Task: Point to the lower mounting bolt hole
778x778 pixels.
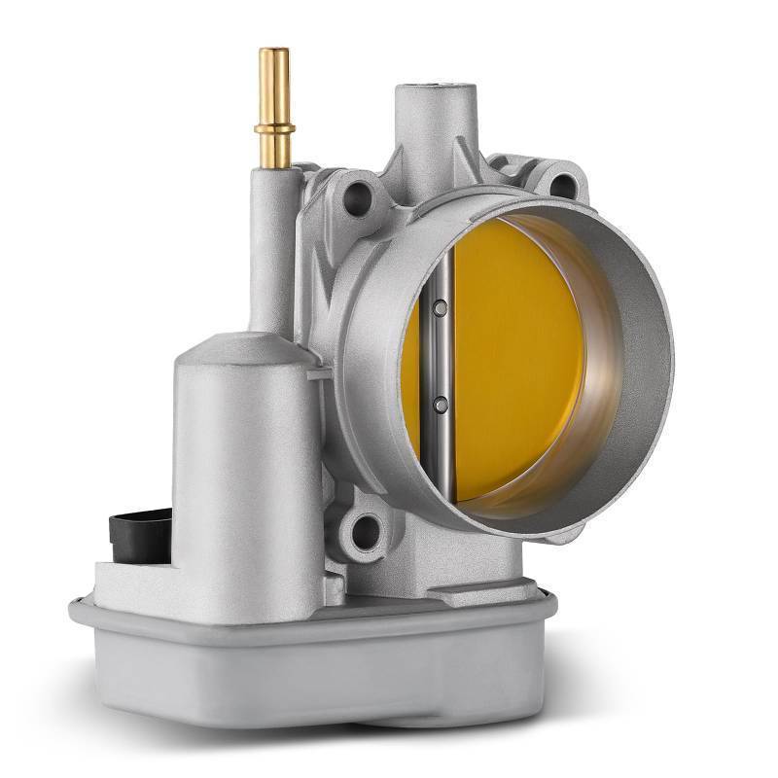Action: (x=368, y=531)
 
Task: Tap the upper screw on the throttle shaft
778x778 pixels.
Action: (x=441, y=308)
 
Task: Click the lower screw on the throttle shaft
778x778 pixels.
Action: (x=441, y=402)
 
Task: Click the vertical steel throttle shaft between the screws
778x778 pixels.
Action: (x=442, y=355)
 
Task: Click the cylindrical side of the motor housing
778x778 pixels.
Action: (x=233, y=457)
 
